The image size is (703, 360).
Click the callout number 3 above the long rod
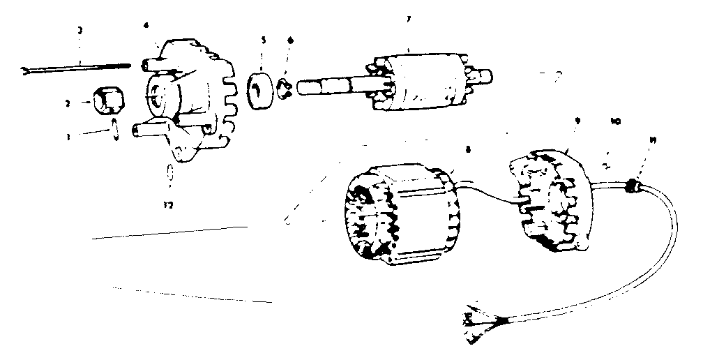coord(81,31)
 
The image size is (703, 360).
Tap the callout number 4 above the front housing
coord(146,26)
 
